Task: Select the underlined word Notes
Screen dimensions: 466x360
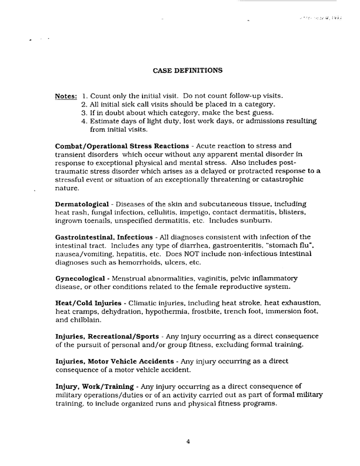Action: pos(65,96)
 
